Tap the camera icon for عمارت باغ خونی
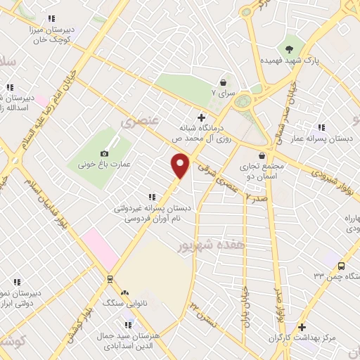point(105,153)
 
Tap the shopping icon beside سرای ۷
point(223,82)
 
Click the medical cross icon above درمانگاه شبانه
point(202,117)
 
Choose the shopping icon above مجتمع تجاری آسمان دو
point(262,155)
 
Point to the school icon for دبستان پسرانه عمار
point(321,127)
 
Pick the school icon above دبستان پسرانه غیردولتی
point(150,198)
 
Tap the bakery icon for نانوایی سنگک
point(125,292)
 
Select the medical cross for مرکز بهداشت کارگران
point(302,327)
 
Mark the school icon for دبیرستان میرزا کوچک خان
point(50,19)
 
